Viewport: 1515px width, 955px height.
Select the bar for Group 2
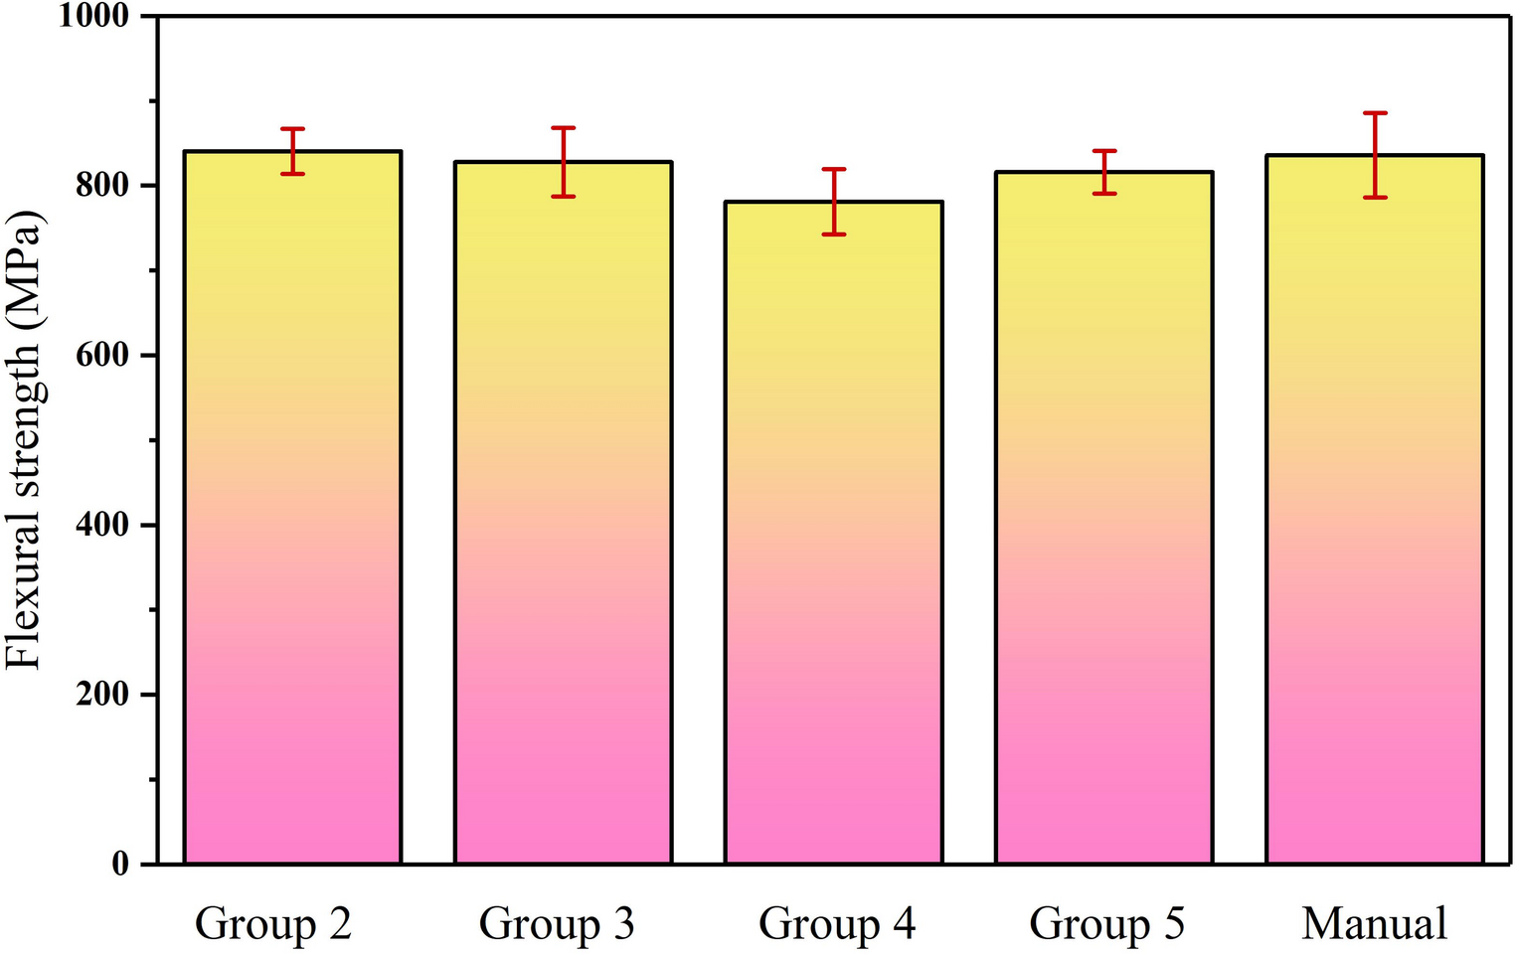(292, 507)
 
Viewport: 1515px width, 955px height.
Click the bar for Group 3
(563, 512)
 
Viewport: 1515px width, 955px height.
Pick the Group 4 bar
(833, 532)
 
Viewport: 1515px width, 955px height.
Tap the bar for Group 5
(1103, 517)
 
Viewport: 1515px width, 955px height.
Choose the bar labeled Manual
(1375, 509)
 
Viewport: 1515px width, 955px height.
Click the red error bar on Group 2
(292, 151)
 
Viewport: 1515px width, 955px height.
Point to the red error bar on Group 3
(563, 162)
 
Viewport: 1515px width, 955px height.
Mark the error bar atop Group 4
(833, 202)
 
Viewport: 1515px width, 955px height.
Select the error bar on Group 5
(1103, 172)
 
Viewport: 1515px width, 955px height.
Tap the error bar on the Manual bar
(1375, 155)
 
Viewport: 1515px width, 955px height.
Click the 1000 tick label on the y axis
(94, 17)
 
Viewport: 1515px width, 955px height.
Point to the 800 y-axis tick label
(102, 186)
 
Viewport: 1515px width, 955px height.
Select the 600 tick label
(102, 356)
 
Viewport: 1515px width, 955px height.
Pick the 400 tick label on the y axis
(102, 525)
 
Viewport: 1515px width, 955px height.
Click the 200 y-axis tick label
(102, 695)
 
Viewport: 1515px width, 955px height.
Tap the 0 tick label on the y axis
(120, 865)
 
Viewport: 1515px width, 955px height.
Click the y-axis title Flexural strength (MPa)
(24, 440)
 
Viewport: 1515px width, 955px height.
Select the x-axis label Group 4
(836, 924)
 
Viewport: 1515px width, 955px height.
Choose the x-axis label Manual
(1375, 924)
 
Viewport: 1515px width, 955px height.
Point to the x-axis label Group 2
(273, 924)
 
